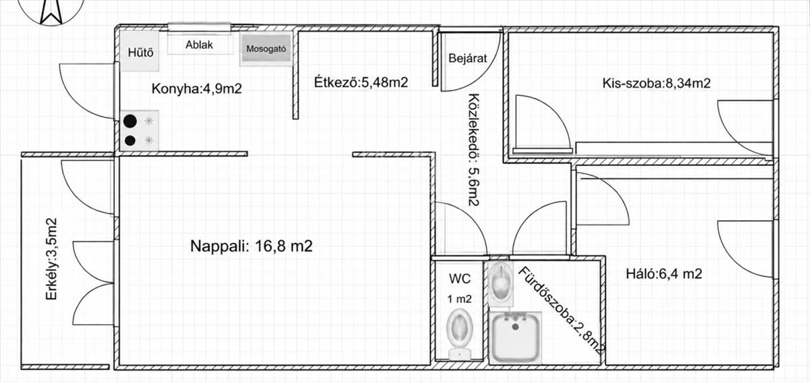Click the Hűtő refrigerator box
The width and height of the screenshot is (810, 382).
pos(140,51)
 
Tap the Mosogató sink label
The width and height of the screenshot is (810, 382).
pos(266,49)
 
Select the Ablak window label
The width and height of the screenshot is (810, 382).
pos(199,45)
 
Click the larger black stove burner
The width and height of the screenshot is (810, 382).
pos(130,121)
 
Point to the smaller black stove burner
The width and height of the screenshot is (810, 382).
pos(130,140)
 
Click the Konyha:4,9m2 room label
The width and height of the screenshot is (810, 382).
pos(196,88)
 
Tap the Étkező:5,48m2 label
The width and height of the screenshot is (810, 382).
pos(361,82)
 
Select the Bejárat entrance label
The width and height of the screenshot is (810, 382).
pos(468,58)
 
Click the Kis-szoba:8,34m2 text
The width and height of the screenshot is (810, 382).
pos(656,84)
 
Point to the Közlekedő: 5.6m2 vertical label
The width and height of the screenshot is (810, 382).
pos(474,150)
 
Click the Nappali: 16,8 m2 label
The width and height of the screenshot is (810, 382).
pos(251,246)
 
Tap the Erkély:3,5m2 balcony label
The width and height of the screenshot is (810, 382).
pos(51,258)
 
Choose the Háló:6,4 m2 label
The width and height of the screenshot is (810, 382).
pos(664,273)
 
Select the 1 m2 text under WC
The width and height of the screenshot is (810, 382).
pos(459,299)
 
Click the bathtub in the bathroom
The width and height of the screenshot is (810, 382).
pos(515,337)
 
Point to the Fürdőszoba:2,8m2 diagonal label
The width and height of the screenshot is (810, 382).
pos(562,312)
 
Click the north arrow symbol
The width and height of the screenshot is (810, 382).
pos(51,11)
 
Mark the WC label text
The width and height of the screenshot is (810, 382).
pos(460,279)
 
